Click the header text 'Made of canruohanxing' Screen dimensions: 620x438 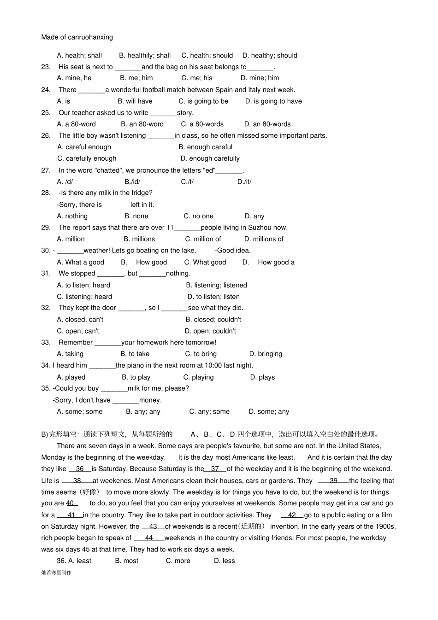click(77, 37)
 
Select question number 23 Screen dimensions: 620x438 click(46, 67)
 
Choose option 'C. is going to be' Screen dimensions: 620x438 click(203, 101)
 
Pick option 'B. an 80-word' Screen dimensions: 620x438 click(142, 124)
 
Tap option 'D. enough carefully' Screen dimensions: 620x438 click(210, 158)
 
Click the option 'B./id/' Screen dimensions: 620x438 click(132, 182)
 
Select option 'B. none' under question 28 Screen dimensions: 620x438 click(136, 216)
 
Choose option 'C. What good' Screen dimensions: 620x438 click(205, 262)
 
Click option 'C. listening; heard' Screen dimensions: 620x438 click(84, 297)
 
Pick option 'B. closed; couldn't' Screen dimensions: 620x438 click(213, 320)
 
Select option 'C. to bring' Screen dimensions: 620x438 click(201, 354)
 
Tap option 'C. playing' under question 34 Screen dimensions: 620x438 click(198, 377)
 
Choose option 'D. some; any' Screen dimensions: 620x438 click(269, 412)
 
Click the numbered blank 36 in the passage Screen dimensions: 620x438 click(80, 469)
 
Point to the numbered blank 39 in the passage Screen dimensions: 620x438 click(333, 480)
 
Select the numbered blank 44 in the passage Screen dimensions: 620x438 click(149, 538)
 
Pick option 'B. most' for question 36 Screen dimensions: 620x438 click(126, 561)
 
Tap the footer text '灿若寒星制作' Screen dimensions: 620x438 click(56, 573)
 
